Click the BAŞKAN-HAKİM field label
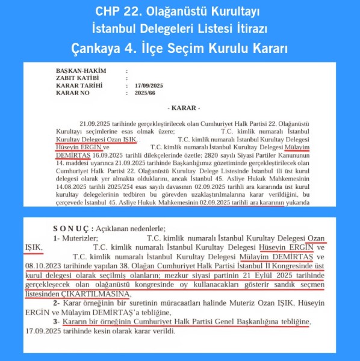click(81, 71)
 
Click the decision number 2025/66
click(146, 93)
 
